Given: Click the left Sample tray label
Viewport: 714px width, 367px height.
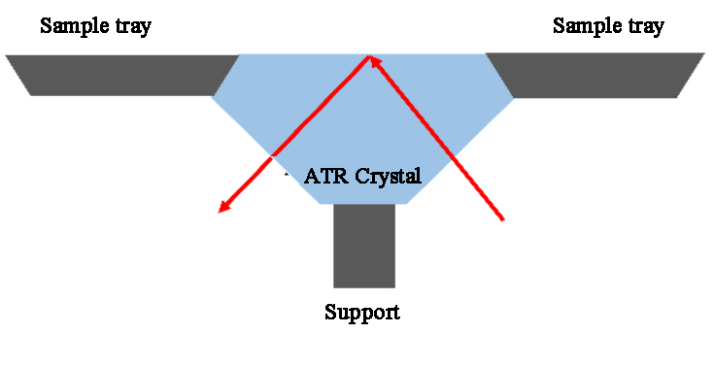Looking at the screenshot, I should click(95, 26).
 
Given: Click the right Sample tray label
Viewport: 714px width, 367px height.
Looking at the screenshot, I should click(608, 26).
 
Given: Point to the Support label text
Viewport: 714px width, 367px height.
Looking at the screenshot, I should click(361, 313).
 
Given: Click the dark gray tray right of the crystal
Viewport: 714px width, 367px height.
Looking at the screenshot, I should click(593, 75).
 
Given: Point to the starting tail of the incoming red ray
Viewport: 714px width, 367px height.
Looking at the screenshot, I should click(503, 219).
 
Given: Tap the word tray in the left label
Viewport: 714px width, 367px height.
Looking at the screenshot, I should click(132, 26).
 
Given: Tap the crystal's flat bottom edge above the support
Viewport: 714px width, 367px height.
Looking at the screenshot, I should click(364, 203).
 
